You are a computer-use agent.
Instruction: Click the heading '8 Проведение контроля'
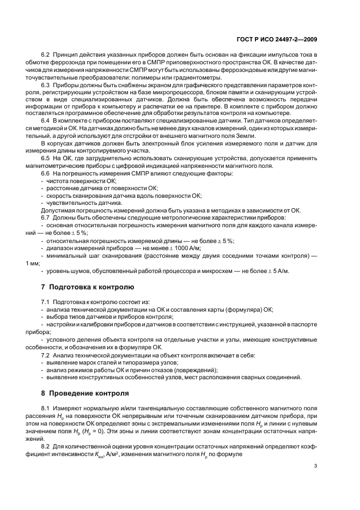(86, 393)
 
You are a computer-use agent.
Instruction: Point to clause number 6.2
(46, 56)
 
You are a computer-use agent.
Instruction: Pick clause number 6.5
(46, 157)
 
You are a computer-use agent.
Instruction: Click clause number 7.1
(46, 301)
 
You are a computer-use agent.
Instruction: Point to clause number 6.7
(46, 217)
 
